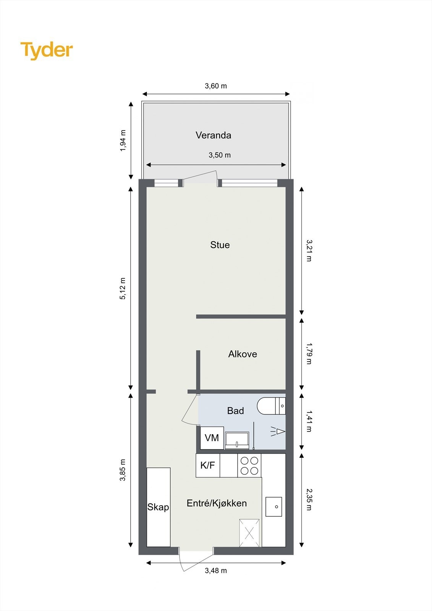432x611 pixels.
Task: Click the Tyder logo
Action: (47, 50)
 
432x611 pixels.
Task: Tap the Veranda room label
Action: (213, 135)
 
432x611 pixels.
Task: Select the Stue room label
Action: (220, 245)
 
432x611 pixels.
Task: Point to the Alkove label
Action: (243, 354)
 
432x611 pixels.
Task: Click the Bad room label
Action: (235, 411)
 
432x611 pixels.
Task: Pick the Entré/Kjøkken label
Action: (217, 503)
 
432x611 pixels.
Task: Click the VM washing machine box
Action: (212, 438)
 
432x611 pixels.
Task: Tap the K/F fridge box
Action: (208, 465)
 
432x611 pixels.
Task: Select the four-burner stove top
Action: (249, 465)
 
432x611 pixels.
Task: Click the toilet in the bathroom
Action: (271, 406)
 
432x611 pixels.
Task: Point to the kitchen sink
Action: (273, 507)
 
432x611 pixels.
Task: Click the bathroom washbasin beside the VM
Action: (237, 440)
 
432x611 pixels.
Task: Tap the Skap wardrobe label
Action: (158, 507)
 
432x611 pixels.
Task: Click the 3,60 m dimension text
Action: (216, 86)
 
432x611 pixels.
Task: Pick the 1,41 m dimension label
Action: (309, 421)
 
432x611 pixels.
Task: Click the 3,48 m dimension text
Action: (216, 571)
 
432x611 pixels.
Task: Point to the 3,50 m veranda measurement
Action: (220, 155)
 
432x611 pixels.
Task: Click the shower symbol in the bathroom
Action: (278, 432)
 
